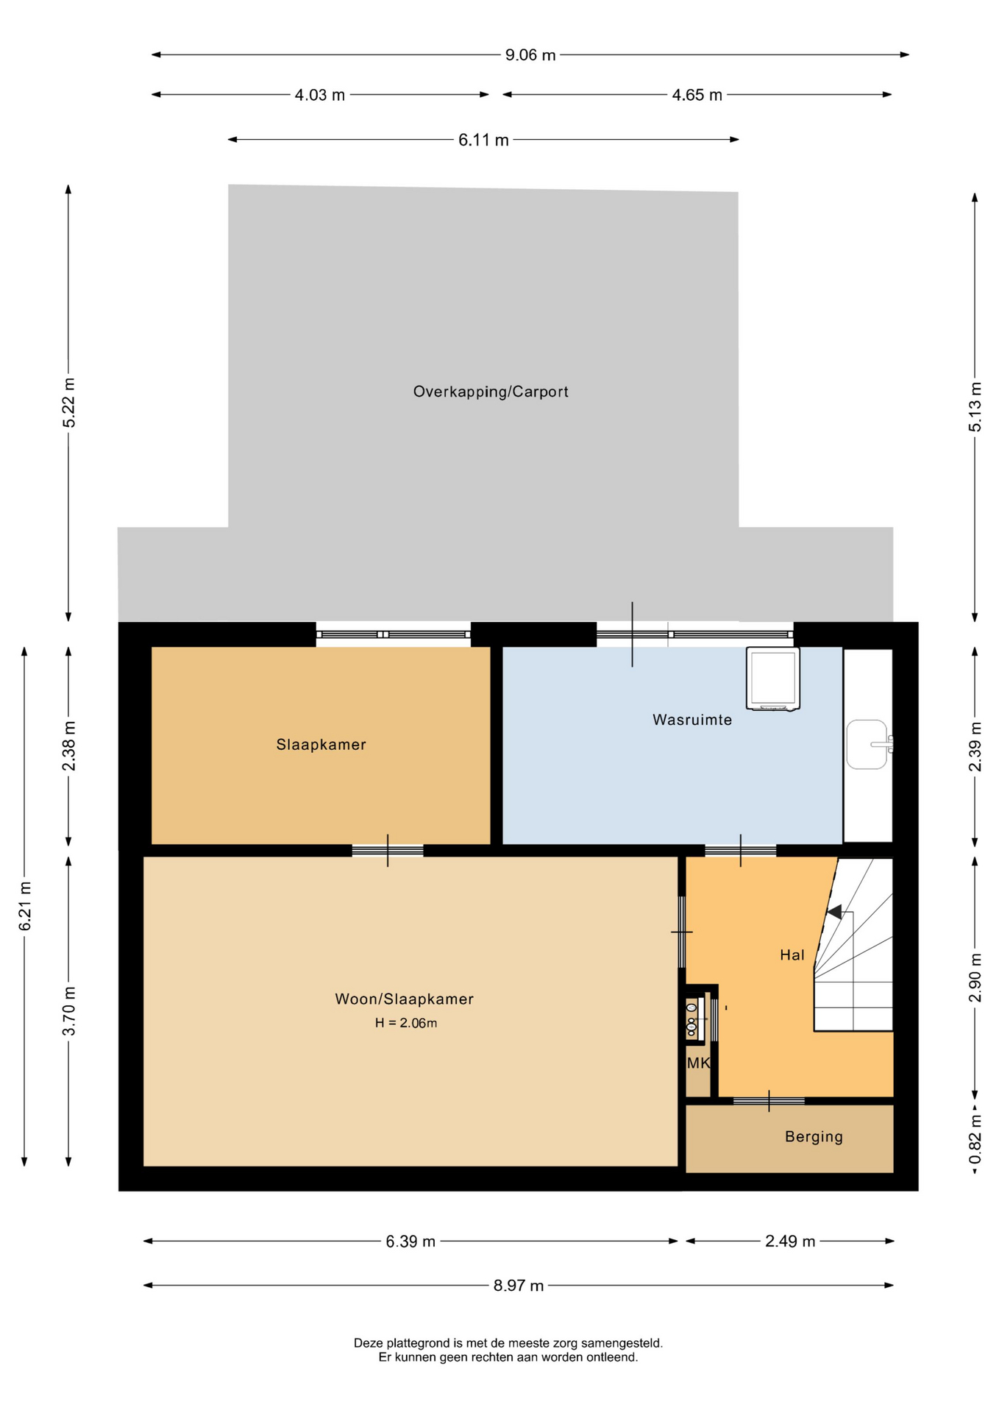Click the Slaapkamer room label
(321, 744)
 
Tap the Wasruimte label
(692, 719)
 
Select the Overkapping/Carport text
(491, 392)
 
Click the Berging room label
(814, 1136)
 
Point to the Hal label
(792, 955)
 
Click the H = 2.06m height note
(406, 1022)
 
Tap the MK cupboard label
(698, 1063)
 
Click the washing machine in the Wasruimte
(772, 679)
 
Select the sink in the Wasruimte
(869, 744)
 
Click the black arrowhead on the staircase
(834, 912)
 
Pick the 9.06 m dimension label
(530, 55)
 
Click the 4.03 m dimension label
(320, 95)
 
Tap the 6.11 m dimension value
(483, 140)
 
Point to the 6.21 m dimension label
(25, 906)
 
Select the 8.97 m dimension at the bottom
(519, 1285)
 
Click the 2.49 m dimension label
(790, 1241)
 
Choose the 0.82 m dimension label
(975, 1138)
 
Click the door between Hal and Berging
(769, 1100)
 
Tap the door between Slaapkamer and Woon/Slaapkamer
(388, 851)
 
